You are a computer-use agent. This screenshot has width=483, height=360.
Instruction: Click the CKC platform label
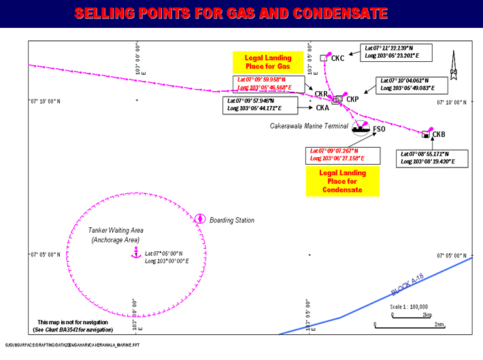[337, 59]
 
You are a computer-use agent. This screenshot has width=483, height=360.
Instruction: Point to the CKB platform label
[439, 134]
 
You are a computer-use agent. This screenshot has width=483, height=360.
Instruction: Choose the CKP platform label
[352, 100]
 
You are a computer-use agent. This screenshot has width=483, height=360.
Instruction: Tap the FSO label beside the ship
[379, 129]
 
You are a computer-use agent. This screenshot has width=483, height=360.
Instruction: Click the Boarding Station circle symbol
[200, 219]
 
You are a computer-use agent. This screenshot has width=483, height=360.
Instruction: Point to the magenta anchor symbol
[134, 253]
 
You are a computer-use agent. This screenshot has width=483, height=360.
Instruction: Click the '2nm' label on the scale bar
[439, 325]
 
